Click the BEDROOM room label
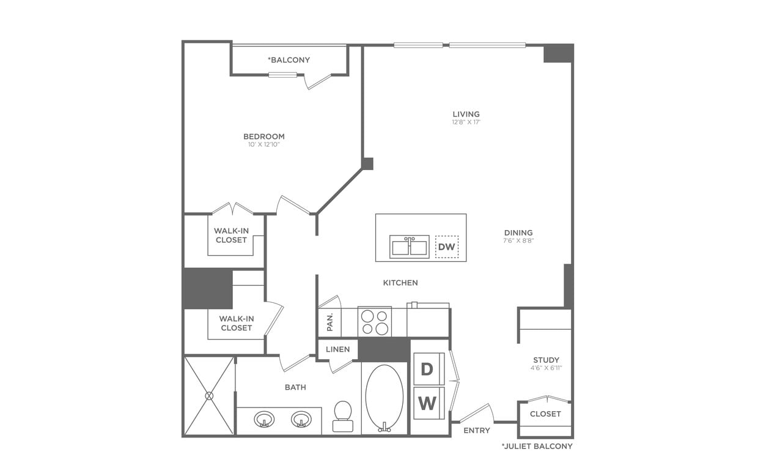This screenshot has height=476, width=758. tap(263, 136)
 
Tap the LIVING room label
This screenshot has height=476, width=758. tap(466, 114)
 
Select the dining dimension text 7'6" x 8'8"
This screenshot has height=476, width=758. tap(518, 240)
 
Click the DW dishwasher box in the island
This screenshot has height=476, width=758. tap(447, 247)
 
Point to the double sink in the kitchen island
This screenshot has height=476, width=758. tap(409, 247)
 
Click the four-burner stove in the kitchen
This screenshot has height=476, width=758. tap(374, 322)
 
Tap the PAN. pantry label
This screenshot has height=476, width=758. tap(330, 322)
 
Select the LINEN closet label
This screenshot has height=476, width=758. tap(337, 349)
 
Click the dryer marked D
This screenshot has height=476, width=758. tap(428, 369)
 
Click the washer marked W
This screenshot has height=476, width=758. tap(428, 403)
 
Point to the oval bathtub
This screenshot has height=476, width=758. tap(384, 398)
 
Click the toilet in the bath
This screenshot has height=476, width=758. tap(343, 417)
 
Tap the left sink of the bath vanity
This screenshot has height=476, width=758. tap(264, 420)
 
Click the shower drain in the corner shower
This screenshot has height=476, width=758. tap(209, 396)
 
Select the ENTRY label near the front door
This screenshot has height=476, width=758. tap(477, 430)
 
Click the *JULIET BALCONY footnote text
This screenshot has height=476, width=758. tap(537, 446)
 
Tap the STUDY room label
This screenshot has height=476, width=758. tap(546, 360)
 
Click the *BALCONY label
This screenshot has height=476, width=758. tap(289, 60)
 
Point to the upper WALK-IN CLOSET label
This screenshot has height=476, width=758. tap(231, 236)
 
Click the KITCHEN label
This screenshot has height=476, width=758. tap(400, 283)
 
